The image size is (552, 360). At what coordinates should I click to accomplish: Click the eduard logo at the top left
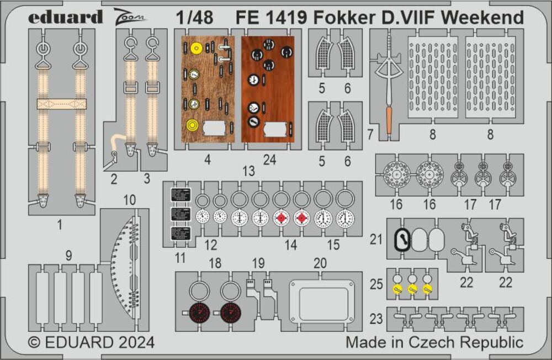pos(65,17)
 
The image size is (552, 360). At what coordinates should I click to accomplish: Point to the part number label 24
pos(269,160)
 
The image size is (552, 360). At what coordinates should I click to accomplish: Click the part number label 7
pos(370,133)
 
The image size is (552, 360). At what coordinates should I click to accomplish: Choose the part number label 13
pos(248,171)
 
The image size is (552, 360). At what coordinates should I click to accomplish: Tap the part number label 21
pos(376,239)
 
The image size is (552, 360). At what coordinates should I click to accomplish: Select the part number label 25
pos(376,285)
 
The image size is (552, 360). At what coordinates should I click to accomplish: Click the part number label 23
pos(376,319)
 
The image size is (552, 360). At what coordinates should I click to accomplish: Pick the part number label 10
pos(129,200)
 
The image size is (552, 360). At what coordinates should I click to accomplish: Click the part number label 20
pos(320,263)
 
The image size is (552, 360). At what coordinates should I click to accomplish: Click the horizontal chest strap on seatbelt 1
pos(61,104)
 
